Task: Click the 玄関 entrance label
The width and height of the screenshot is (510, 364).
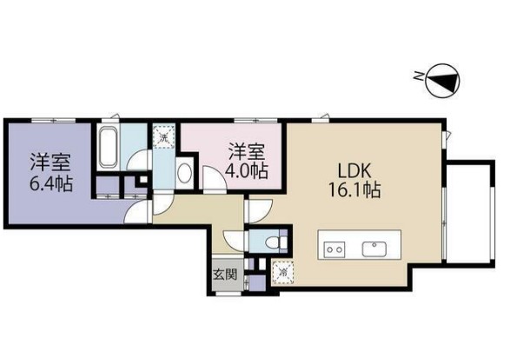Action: click(x=224, y=275)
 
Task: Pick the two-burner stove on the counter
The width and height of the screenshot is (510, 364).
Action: click(x=334, y=249)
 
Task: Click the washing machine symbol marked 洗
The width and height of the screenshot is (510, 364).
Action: click(x=162, y=136)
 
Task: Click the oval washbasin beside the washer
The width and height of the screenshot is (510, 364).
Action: click(x=184, y=171)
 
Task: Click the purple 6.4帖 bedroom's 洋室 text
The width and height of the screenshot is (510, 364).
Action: click(x=50, y=162)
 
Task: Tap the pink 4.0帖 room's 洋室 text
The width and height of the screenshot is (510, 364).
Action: click(x=245, y=150)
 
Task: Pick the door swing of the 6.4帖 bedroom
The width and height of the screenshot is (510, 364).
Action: click(x=162, y=203)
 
